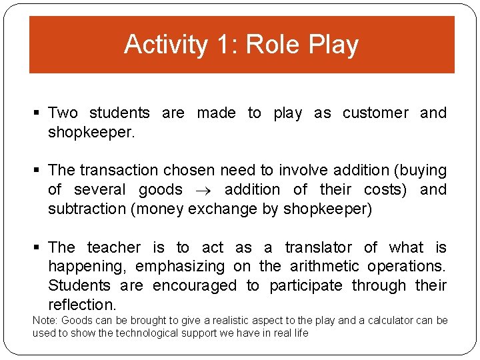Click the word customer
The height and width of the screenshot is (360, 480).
(375, 113)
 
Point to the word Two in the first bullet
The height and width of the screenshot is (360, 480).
(63, 113)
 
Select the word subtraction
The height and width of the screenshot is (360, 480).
(87, 209)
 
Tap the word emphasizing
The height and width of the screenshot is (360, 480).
(180, 267)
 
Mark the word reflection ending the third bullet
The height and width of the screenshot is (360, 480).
(81, 305)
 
